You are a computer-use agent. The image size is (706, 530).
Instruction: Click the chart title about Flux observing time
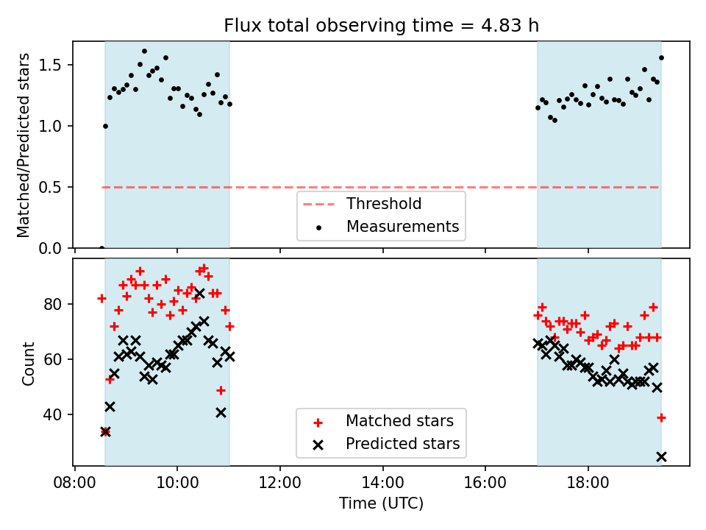click(x=381, y=26)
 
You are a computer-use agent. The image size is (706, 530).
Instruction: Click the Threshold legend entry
click(x=383, y=204)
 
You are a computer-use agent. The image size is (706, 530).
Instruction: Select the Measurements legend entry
click(x=402, y=226)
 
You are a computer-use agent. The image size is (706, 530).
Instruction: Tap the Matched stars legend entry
click(x=399, y=421)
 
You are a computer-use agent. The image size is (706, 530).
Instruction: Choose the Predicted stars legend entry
click(x=403, y=444)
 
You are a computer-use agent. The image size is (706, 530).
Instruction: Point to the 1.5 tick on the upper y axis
click(x=55, y=65)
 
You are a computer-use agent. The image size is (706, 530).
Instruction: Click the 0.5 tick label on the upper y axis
click(x=55, y=187)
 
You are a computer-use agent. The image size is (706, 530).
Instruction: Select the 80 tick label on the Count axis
click(x=57, y=304)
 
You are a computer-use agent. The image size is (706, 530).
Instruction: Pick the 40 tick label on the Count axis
click(x=57, y=414)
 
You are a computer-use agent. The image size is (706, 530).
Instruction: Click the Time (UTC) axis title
click(x=381, y=504)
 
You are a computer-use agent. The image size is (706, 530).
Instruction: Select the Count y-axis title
click(x=29, y=363)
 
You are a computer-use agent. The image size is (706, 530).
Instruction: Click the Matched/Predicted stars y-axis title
click(x=24, y=145)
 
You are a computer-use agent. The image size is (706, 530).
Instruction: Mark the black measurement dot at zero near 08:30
click(x=101, y=247)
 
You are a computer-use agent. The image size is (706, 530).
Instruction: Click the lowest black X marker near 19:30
click(x=661, y=456)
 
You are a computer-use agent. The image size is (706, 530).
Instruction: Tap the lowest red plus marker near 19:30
click(x=661, y=417)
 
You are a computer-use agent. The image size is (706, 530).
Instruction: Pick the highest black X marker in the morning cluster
click(x=199, y=294)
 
